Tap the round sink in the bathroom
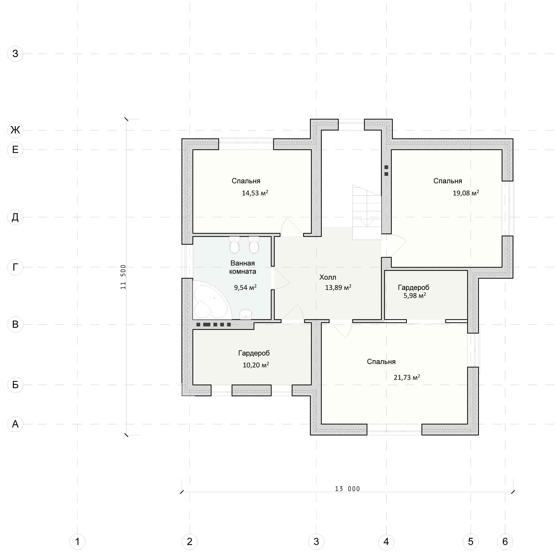point(246,314)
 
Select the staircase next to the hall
point(367,212)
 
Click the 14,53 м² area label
point(255,193)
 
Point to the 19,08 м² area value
point(466,193)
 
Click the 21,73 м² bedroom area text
point(406,377)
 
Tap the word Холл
point(327,277)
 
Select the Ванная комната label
point(243,267)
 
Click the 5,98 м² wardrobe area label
point(415,295)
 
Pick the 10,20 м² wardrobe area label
point(256,365)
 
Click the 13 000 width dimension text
point(347,489)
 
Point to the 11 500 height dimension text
point(123,277)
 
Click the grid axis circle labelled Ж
point(15,130)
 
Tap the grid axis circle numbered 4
point(386,541)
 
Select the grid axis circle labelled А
point(15,424)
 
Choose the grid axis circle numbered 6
point(505,541)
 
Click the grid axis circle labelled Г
point(15,267)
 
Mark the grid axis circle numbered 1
point(77,541)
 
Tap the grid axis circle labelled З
point(15,54)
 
